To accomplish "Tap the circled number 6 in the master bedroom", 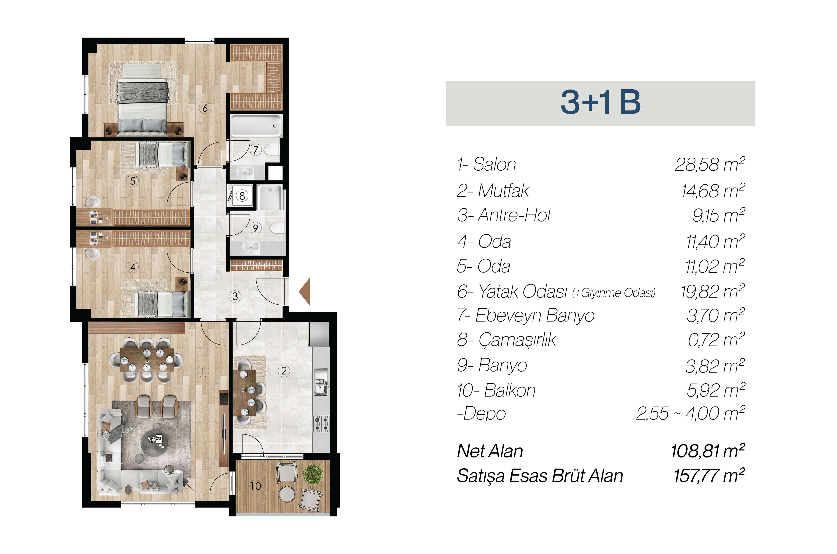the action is [205, 108].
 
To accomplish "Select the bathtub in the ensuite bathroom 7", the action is [256, 125].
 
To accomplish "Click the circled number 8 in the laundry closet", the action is [242, 196].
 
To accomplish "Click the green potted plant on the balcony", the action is [313, 473].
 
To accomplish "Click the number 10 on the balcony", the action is [255, 486].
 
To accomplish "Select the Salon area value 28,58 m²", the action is [710, 164].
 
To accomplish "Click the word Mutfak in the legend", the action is [503, 191].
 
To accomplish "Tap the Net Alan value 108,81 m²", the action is [708, 451].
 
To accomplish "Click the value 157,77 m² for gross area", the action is [709, 476].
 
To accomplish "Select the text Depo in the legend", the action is [485, 414].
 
